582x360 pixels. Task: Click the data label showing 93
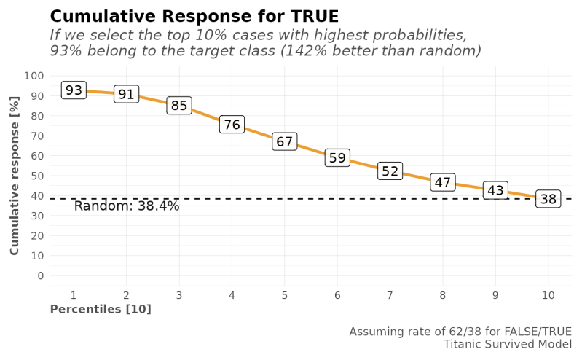[73, 90]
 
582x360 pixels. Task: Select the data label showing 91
[126, 94]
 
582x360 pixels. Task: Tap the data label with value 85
[178, 106]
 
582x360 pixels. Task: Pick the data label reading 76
[232, 125]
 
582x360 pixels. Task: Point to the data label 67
[284, 142]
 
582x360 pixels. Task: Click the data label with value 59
[337, 158]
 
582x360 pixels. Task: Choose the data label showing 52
[390, 171]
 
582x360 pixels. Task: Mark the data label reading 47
[443, 182]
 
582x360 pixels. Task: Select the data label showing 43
[495, 190]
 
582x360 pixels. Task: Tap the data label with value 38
[548, 199]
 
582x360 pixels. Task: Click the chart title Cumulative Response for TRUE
[193, 16]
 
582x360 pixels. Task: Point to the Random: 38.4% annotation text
[127, 206]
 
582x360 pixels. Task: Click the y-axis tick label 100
[34, 76]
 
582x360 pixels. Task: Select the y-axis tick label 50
[36, 176]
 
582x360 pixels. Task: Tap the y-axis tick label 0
[40, 276]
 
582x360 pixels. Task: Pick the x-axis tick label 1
[73, 294]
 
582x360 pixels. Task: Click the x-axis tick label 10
[548, 294]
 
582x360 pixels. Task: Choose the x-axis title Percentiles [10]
[100, 309]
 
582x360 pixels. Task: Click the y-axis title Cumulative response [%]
[15, 176]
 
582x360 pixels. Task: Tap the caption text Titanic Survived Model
[507, 343]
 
